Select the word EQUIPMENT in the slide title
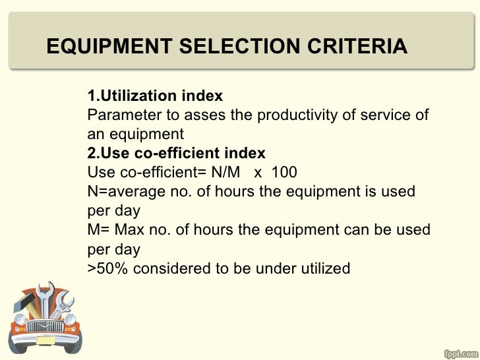109,47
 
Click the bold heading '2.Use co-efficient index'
177,154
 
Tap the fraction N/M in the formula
222,173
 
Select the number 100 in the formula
284,173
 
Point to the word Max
129,230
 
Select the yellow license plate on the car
46,340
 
